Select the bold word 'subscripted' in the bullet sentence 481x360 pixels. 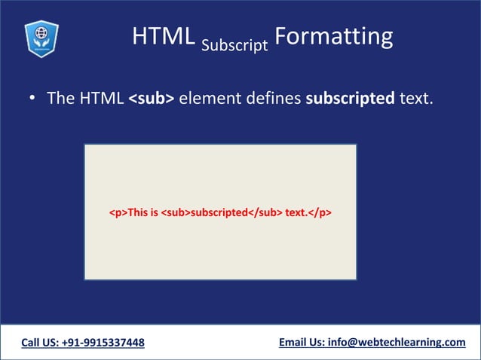[350, 99]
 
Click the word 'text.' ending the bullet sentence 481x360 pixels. [417, 99]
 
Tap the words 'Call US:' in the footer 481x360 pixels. [41, 343]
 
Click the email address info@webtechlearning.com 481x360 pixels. [397, 343]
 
